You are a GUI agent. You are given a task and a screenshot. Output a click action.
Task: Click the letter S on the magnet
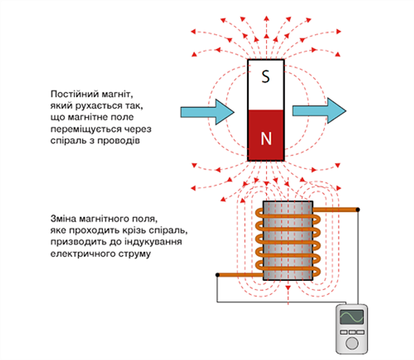[265, 77]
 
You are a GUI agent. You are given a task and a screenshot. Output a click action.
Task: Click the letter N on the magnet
[266, 138]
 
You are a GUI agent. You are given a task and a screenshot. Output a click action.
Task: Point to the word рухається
[85, 106]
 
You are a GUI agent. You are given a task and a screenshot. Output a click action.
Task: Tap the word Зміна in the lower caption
[64, 219]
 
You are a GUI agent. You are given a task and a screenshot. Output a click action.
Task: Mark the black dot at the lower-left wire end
[217, 274]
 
